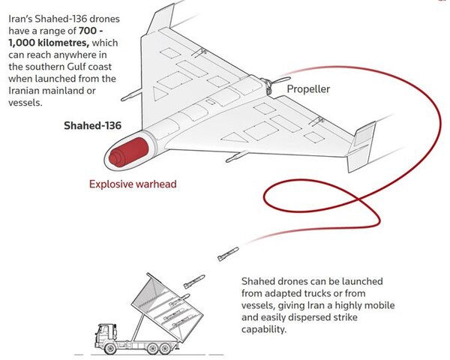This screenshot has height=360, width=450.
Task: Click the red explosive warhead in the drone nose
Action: coord(128,151)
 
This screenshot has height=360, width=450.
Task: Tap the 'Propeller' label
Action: coord(308,89)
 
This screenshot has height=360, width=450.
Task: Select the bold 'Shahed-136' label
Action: coord(93,125)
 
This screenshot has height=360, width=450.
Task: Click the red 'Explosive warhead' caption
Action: coord(133,184)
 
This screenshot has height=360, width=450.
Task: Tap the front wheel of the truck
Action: coord(110,349)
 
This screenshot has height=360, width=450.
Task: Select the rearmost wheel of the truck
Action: coord(164,349)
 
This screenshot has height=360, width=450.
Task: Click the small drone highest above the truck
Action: coord(228,253)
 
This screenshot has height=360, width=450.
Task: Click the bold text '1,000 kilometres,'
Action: coord(49,43)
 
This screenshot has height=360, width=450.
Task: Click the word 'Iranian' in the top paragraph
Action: coord(24,91)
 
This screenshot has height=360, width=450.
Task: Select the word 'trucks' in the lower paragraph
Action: coord(325,293)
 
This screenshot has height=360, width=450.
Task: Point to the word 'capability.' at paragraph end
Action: coord(264,329)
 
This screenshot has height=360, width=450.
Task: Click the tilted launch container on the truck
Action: coord(167,304)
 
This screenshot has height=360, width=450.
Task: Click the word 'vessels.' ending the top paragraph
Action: coord(25,103)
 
